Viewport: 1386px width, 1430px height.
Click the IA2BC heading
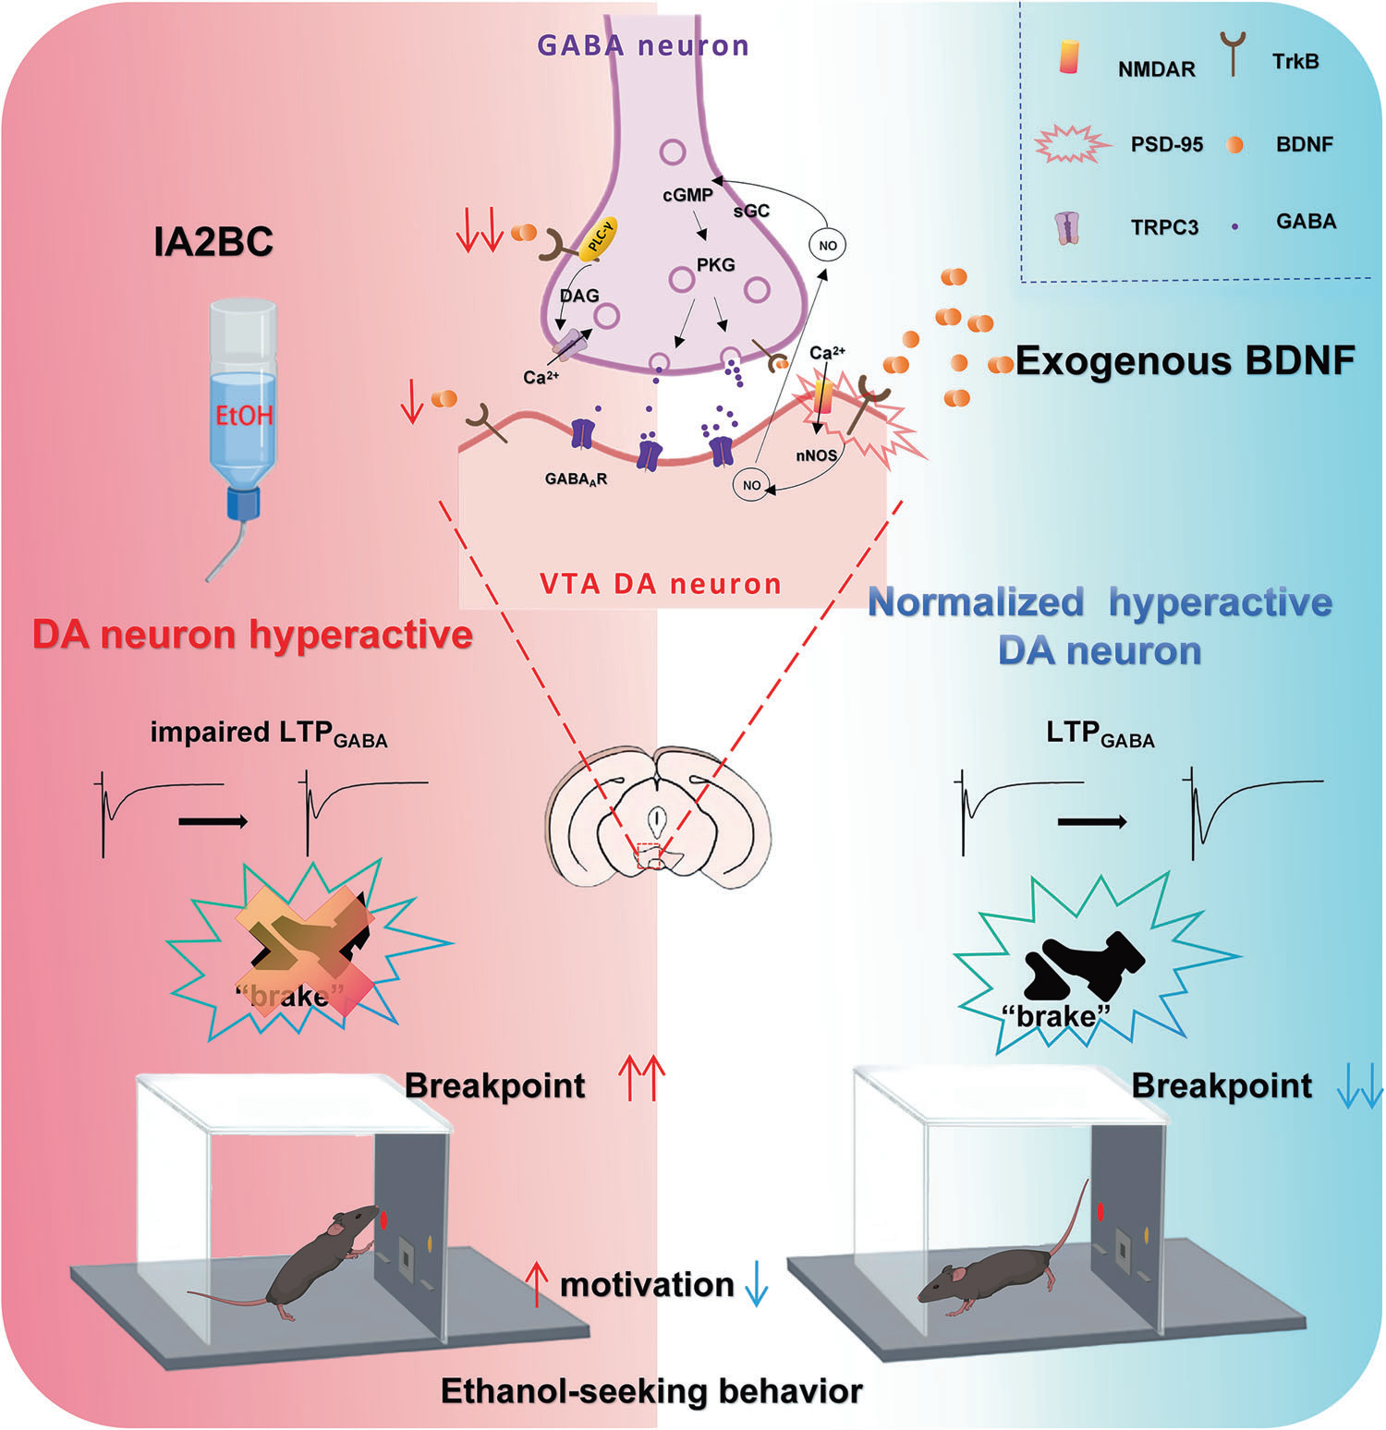(213, 241)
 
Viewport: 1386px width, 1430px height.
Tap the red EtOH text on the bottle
(244, 415)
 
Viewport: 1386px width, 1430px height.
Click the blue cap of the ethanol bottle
(244, 503)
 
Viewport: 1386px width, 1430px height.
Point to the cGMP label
(687, 195)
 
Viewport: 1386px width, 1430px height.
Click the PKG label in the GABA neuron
(715, 265)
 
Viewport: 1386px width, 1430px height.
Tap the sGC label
(751, 211)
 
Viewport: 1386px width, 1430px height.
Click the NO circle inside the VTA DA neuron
(751, 485)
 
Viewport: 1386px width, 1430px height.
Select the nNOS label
(816, 455)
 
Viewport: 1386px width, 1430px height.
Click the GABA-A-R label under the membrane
(576, 479)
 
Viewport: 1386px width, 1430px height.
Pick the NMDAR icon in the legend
(1068, 57)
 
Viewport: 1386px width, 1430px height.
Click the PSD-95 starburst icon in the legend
(1070, 144)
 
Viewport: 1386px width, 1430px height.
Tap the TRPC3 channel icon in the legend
(1068, 225)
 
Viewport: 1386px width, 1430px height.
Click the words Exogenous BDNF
(1185, 360)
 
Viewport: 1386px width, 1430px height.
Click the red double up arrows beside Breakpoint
(641, 1080)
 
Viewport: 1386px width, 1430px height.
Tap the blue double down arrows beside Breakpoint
(1359, 1085)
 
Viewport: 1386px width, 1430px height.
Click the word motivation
(647, 1284)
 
